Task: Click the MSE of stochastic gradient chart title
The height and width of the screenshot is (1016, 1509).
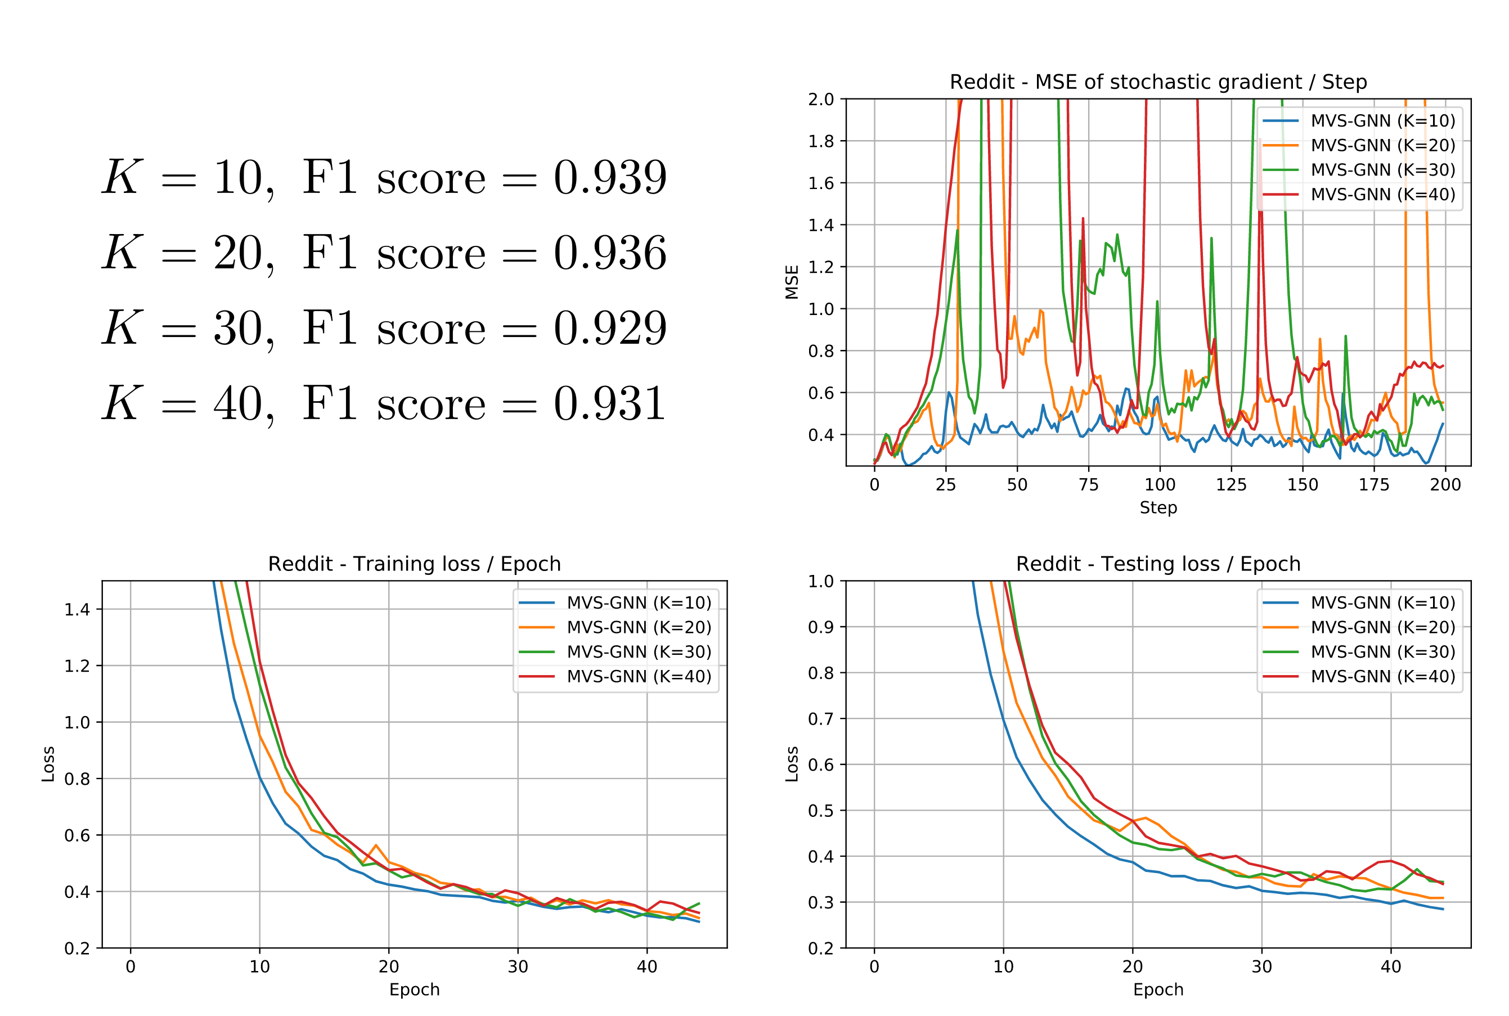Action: (1158, 82)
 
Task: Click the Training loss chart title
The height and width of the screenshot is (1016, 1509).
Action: (414, 564)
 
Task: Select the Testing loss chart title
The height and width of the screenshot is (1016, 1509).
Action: (1158, 564)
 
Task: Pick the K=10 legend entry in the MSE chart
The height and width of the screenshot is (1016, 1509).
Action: (1382, 120)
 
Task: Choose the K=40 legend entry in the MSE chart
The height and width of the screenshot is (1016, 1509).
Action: (1382, 195)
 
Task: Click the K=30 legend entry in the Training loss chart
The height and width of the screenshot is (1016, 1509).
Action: (638, 652)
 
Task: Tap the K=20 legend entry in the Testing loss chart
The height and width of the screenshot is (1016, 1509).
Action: (1382, 627)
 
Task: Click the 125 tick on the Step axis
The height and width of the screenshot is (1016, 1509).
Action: (1231, 485)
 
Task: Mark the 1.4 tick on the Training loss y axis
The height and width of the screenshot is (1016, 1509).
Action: (77, 609)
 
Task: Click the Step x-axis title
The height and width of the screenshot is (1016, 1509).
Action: (1158, 507)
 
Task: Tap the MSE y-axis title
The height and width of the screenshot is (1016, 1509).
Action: (791, 282)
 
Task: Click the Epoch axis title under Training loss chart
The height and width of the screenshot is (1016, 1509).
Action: (414, 990)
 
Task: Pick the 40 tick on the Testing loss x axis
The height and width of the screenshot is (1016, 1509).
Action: (1390, 966)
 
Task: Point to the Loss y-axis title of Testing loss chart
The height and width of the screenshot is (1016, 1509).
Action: (791, 764)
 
